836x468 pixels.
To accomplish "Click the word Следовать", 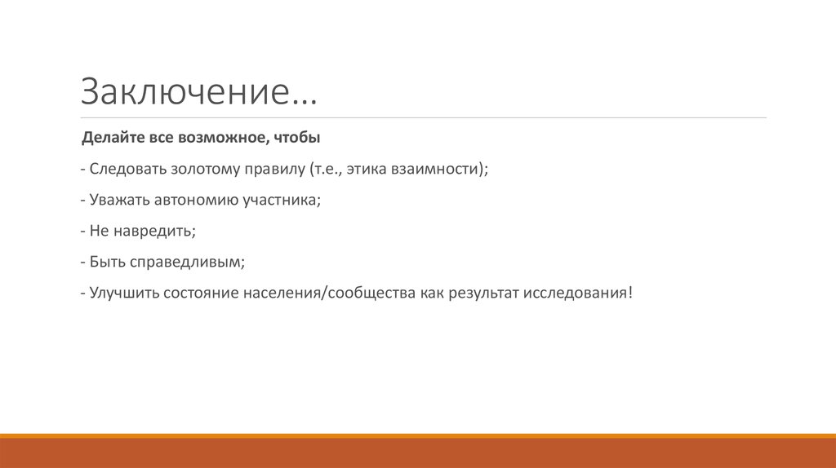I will pyautogui.click(x=128, y=169).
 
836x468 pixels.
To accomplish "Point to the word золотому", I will pyautogui.click(x=205, y=169).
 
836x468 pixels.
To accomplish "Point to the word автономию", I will pyautogui.click(x=198, y=200).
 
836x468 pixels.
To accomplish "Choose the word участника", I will pyautogui.click(x=280, y=200).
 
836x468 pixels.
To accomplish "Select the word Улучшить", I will pyautogui.click(x=123, y=293).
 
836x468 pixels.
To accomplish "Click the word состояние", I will pyautogui.click(x=199, y=293).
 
